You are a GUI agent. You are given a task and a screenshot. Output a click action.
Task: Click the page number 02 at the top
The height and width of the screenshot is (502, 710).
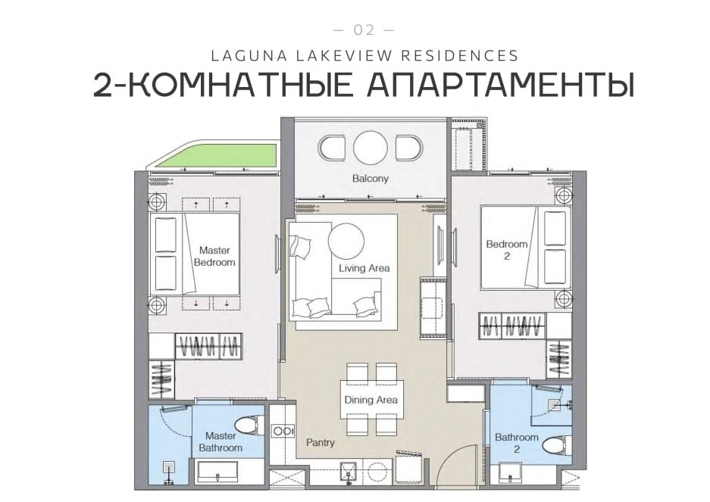(364, 30)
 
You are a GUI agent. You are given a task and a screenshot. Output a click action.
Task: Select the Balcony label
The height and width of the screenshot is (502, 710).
(370, 179)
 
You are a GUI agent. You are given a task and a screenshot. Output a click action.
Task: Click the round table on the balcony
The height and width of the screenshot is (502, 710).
(371, 148)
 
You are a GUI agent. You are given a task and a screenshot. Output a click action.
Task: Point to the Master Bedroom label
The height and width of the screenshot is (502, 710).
(214, 256)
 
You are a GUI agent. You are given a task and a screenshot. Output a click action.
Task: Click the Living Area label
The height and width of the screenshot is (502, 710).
(364, 269)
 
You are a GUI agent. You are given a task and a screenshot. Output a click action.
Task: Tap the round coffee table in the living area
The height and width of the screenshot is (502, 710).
(346, 240)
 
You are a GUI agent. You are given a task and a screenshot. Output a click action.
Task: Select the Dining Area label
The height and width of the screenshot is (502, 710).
(371, 401)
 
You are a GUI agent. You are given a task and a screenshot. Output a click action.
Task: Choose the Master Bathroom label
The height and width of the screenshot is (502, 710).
(221, 442)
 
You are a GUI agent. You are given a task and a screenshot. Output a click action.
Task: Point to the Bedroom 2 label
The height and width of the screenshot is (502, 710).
(507, 251)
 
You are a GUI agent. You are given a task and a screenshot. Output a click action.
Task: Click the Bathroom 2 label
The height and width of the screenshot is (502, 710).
(516, 443)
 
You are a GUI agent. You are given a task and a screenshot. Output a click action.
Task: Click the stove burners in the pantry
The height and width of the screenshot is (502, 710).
(283, 432)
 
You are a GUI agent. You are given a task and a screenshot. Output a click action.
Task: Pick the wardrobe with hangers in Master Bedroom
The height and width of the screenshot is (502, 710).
(208, 346)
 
